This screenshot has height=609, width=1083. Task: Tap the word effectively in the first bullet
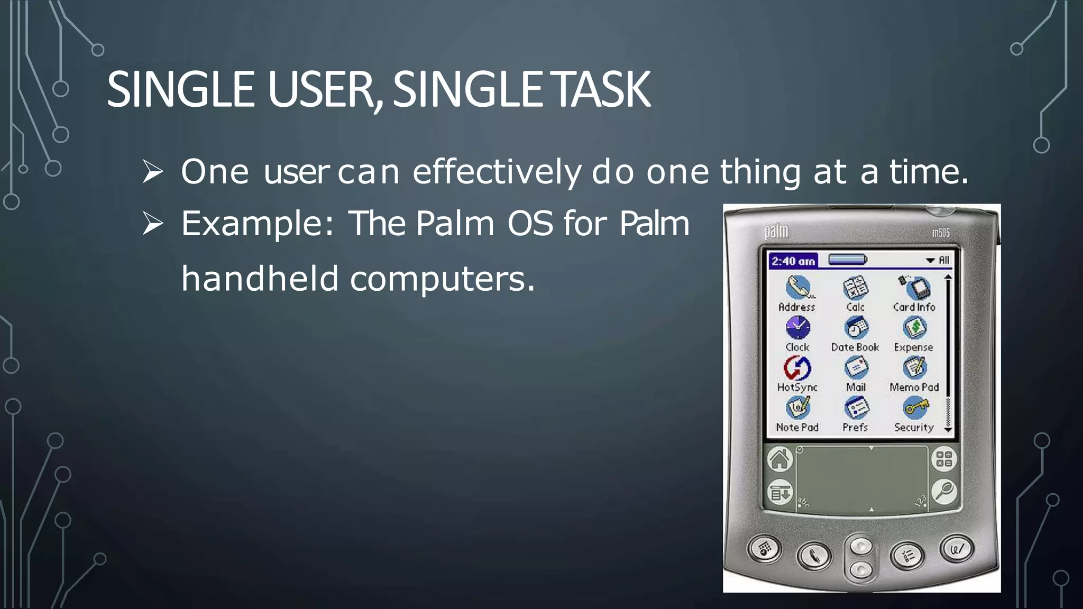point(497,172)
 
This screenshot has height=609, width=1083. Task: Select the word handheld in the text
point(260,279)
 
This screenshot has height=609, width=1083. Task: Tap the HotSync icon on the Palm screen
point(797,368)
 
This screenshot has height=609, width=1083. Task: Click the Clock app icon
point(797,328)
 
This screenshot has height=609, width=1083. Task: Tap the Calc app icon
point(855,288)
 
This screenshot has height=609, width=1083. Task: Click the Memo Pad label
point(914,387)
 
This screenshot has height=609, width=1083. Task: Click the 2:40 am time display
point(793,261)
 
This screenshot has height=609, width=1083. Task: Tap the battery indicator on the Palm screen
point(847,260)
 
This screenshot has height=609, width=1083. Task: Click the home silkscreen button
point(779,459)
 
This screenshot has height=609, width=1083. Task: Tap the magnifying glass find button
point(944,492)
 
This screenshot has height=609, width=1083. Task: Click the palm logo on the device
point(776,232)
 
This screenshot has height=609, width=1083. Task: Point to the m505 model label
point(941,233)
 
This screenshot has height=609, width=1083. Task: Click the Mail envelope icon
point(856,367)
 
